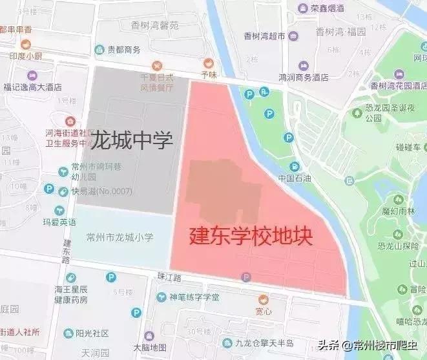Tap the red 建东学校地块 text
click(251, 236)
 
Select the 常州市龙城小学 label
click(120, 237)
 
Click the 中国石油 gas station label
click(294, 178)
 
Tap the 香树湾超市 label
click(264, 37)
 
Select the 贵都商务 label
click(124, 50)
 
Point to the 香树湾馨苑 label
click(154, 26)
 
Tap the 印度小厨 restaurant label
click(26, 56)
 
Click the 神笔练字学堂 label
click(194, 297)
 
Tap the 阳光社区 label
click(92, 334)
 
